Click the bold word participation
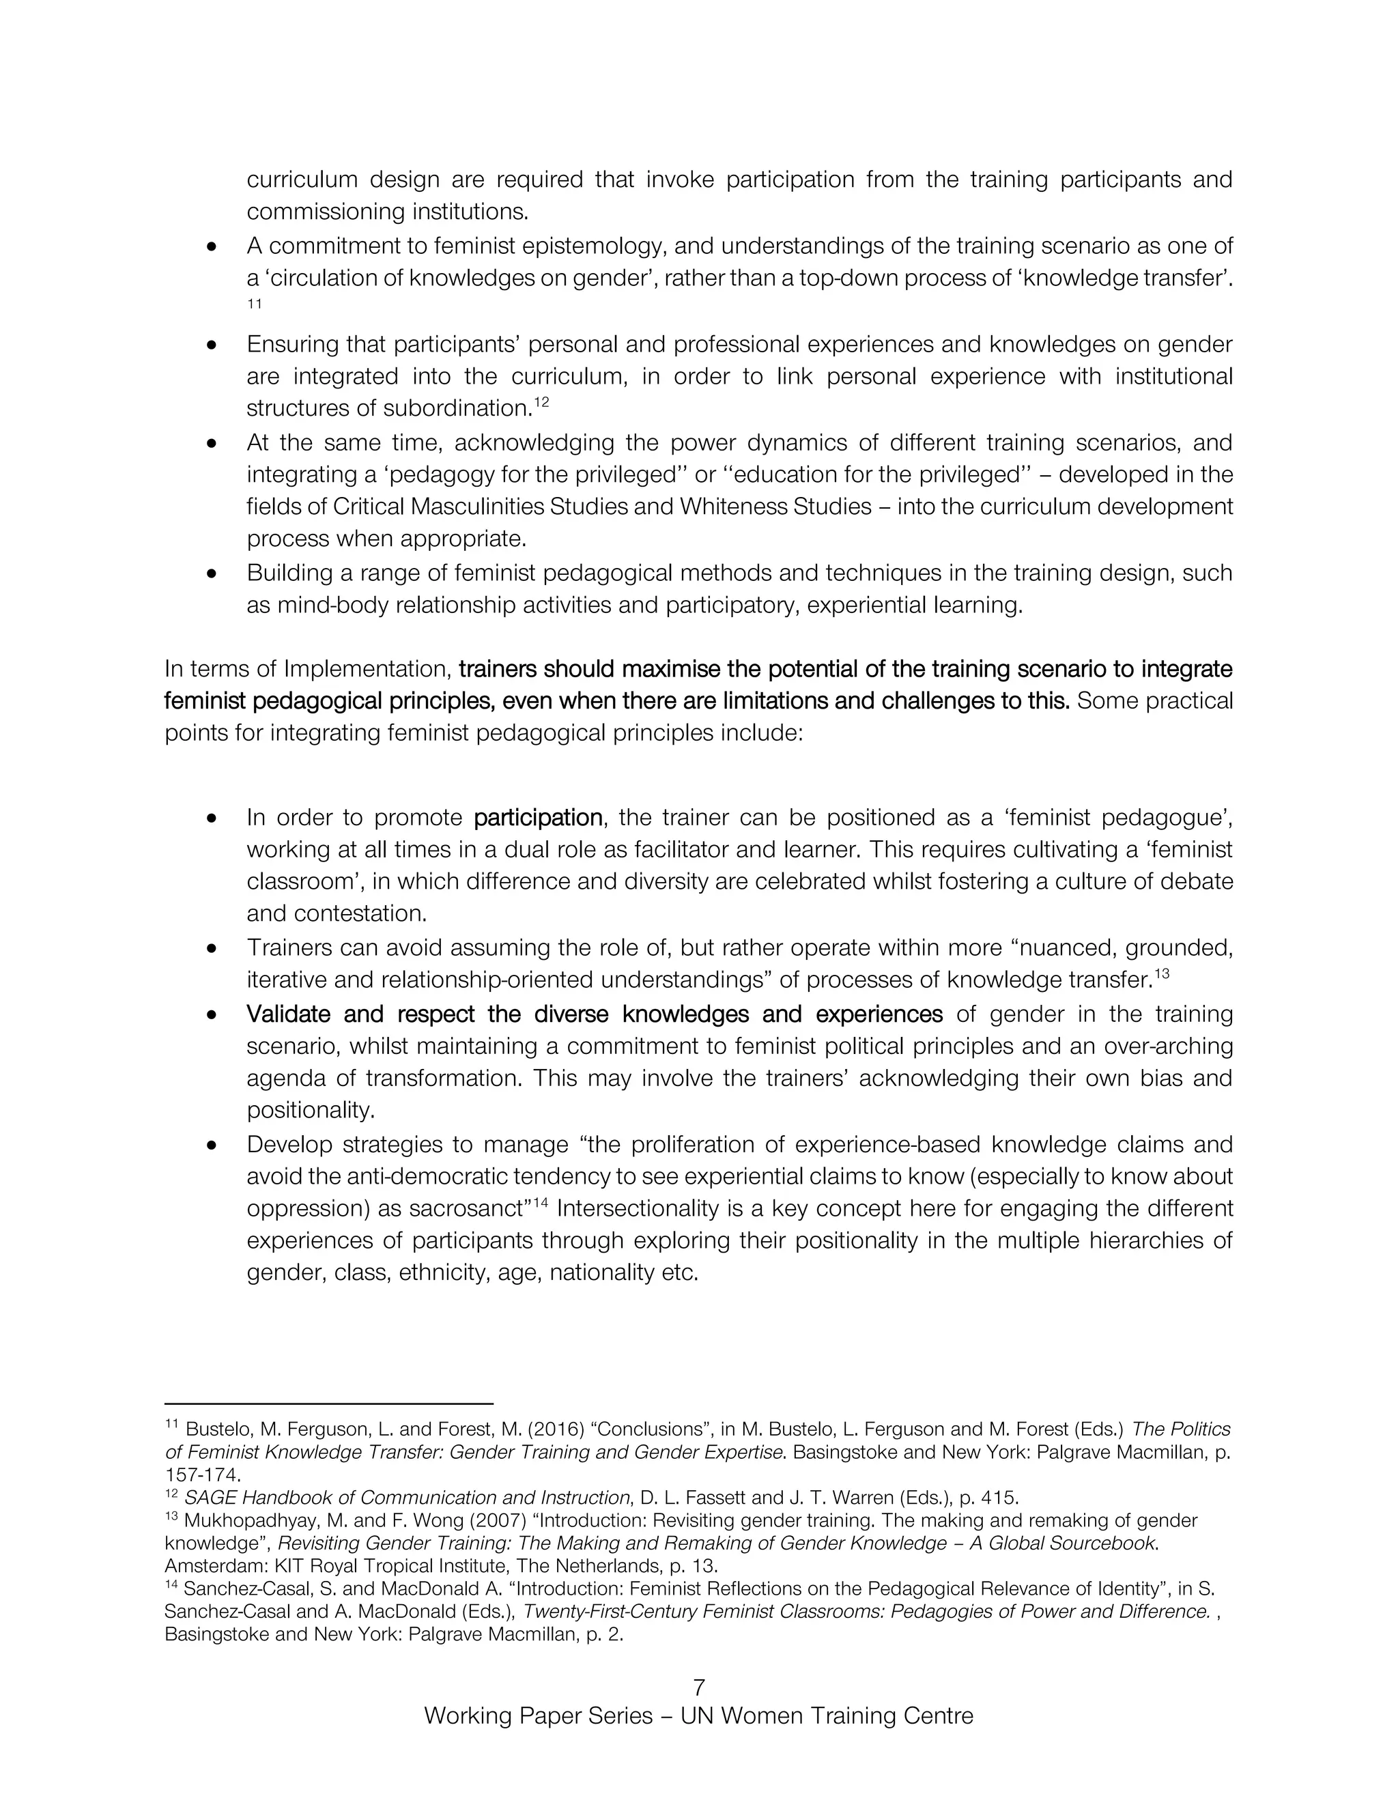537,818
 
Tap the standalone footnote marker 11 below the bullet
254,304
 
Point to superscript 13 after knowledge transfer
1162,974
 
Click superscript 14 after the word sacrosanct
541,1203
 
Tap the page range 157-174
203,1475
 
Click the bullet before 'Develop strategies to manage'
213,1145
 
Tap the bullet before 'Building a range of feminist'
213,573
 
